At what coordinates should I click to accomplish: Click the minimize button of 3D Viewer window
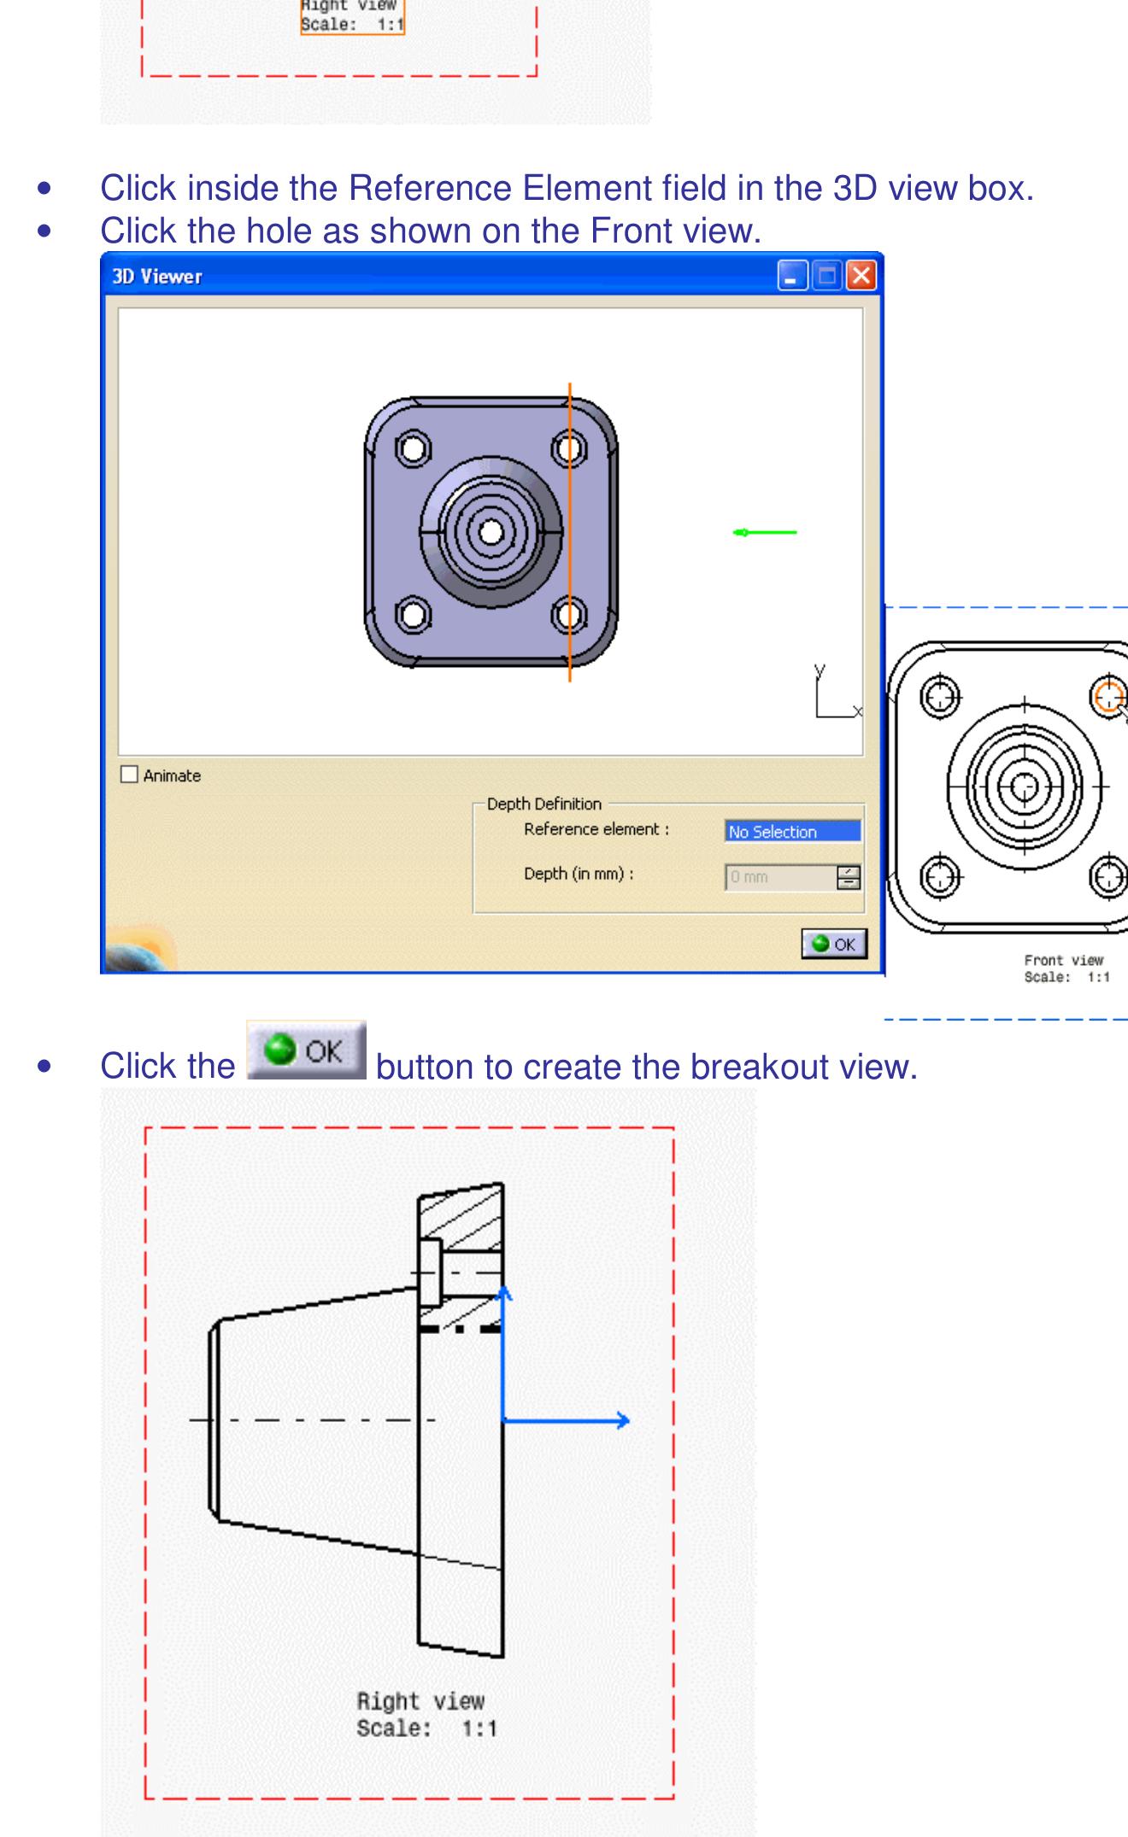792,276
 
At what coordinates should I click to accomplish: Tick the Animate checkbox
129,775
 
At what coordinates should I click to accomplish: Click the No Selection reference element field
792,831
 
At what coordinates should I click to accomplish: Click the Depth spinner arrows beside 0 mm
849,877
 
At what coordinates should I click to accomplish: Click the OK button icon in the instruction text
307,1050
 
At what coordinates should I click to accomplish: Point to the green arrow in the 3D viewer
764,533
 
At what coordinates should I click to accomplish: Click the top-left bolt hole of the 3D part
413,448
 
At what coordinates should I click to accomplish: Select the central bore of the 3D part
491,532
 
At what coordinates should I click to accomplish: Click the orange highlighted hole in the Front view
1109,694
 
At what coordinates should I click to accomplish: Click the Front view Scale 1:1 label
1066,977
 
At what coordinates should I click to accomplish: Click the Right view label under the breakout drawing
420,1701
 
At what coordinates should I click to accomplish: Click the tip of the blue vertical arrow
504,1291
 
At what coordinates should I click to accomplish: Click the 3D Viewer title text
157,276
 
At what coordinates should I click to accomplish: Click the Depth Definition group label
543,804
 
